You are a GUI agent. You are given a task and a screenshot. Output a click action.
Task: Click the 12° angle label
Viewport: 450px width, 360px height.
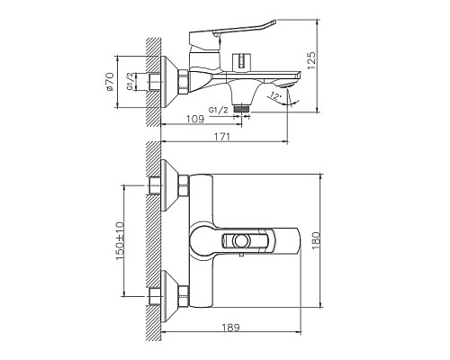pyautogui.click(x=277, y=95)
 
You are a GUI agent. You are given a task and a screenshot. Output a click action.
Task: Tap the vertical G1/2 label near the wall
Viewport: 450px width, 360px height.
pyautogui.click(x=132, y=82)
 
